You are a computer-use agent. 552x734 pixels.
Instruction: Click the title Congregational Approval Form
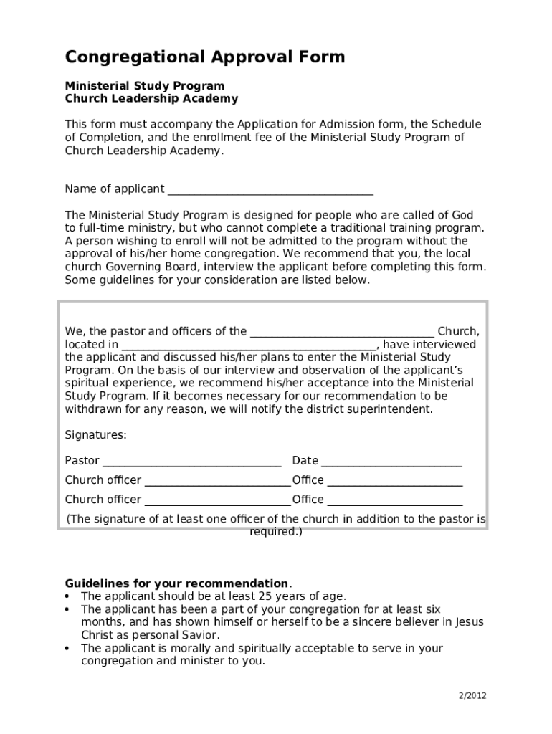tap(205, 57)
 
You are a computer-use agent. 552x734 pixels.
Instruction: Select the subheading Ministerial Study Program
tap(145, 86)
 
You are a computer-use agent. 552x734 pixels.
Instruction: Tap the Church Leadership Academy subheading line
tap(151, 99)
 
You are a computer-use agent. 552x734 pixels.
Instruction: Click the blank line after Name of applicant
tap(270, 190)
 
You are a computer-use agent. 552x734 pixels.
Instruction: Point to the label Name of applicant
tap(115, 189)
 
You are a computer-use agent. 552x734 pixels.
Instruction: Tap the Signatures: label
tap(96, 435)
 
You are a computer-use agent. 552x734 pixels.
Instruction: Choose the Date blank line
tap(391, 462)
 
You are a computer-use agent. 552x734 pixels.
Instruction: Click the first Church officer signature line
tap(217, 481)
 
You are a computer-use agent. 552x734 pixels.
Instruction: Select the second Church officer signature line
tap(217, 500)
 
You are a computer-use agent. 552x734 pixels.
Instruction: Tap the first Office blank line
tap(394, 481)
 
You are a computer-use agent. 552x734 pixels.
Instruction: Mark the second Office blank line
tap(394, 500)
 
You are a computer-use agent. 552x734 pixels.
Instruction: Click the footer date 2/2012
tap(473, 696)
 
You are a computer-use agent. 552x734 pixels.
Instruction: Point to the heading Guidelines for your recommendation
tap(176, 583)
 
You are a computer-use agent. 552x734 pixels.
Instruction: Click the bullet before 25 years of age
tap(67, 596)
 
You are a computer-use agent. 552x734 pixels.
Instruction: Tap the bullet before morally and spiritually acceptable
tap(67, 649)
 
